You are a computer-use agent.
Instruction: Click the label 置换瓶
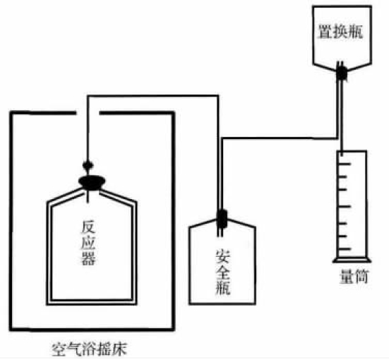click(340, 32)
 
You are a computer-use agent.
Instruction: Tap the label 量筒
click(354, 276)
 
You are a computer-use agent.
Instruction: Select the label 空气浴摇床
click(90, 349)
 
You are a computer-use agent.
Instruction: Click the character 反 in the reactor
click(88, 227)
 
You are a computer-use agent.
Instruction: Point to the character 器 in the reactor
click(88, 258)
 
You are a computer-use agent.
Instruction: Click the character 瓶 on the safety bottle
click(222, 287)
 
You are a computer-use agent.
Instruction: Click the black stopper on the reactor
click(91, 183)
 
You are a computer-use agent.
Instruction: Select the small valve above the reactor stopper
click(88, 164)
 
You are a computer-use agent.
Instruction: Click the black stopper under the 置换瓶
click(342, 73)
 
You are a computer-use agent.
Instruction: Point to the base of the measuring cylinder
click(352, 260)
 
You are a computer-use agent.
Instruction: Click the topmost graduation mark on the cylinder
click(345, 164)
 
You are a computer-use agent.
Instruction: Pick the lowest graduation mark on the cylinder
click(345, 248)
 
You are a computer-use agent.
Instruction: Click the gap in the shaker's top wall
click(88, 113)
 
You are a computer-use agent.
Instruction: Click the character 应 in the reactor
click(88, 243)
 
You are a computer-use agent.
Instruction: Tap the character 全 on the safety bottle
click(222, 272)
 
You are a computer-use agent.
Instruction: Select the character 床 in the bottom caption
click(120, 349)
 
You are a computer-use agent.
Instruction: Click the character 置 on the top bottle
click(325, 32)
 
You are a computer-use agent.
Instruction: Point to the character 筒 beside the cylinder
click(361, 276)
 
